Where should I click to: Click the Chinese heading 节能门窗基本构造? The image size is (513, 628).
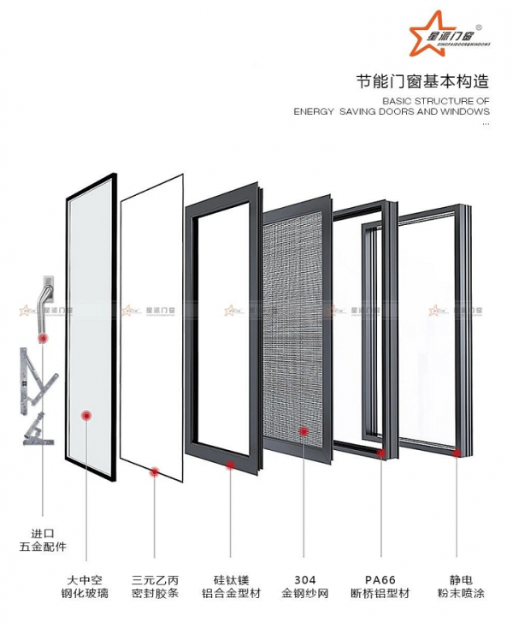pos(422,82)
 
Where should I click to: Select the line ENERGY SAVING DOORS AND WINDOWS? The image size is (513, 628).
pos(392,111)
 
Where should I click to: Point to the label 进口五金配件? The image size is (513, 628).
pos(42,539)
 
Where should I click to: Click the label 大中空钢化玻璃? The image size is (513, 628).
pos(85,586)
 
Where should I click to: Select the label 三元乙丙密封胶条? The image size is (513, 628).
pos(155,586)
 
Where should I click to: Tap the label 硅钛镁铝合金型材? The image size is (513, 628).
pos(228,586)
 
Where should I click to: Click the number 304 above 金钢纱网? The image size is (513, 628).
pos(304,578)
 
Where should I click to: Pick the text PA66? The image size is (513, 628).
pos(380,578)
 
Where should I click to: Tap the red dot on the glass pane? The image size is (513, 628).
pos(85,416)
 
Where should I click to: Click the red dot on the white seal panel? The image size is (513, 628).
pos(155,470)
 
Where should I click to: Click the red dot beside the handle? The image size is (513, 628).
pos(44,339)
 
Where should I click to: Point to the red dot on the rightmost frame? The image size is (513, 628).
pos(457,452)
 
